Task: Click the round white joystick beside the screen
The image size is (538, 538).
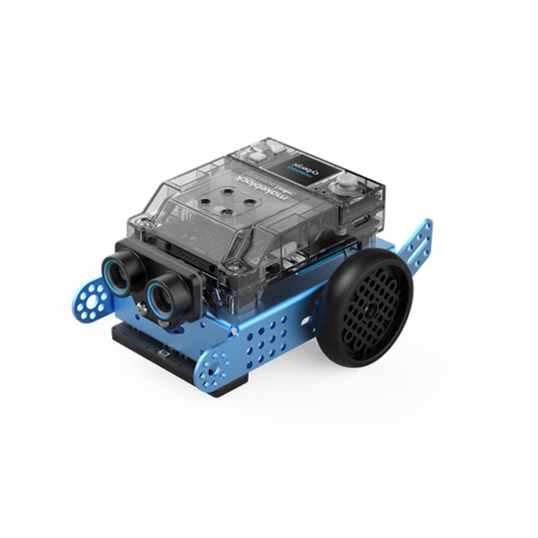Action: tap(346, 186)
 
